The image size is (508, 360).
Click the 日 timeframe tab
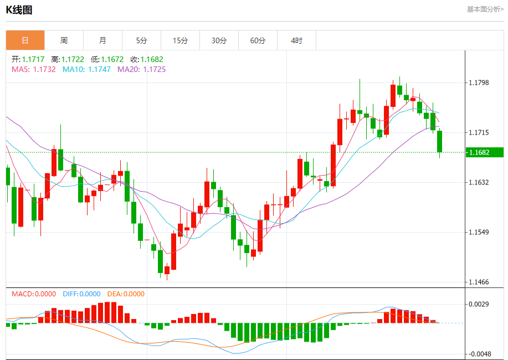[x=25, y=40]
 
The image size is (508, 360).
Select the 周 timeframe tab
[x=64, y=40]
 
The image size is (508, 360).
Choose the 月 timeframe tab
[x=102, y=40]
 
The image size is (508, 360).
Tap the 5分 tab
[x=142, y=40]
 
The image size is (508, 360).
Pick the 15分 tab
[x=180, y=40]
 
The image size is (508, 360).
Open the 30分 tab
[x=219, y=40]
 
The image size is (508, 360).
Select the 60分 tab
[x=258, y=40]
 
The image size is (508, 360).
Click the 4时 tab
[x=297, y=40]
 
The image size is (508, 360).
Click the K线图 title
[x=19, y=9]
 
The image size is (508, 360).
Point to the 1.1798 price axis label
[x=479, y=83]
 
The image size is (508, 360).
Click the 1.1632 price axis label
[x=479, y=182]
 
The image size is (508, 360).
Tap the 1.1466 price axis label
[x=479, y=282]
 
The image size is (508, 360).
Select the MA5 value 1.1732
[x=44, y=69]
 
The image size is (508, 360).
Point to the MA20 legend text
[x=141, y=69]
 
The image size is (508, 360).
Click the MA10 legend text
[x=86, y=69]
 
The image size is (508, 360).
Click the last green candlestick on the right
[x=440, y=141]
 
